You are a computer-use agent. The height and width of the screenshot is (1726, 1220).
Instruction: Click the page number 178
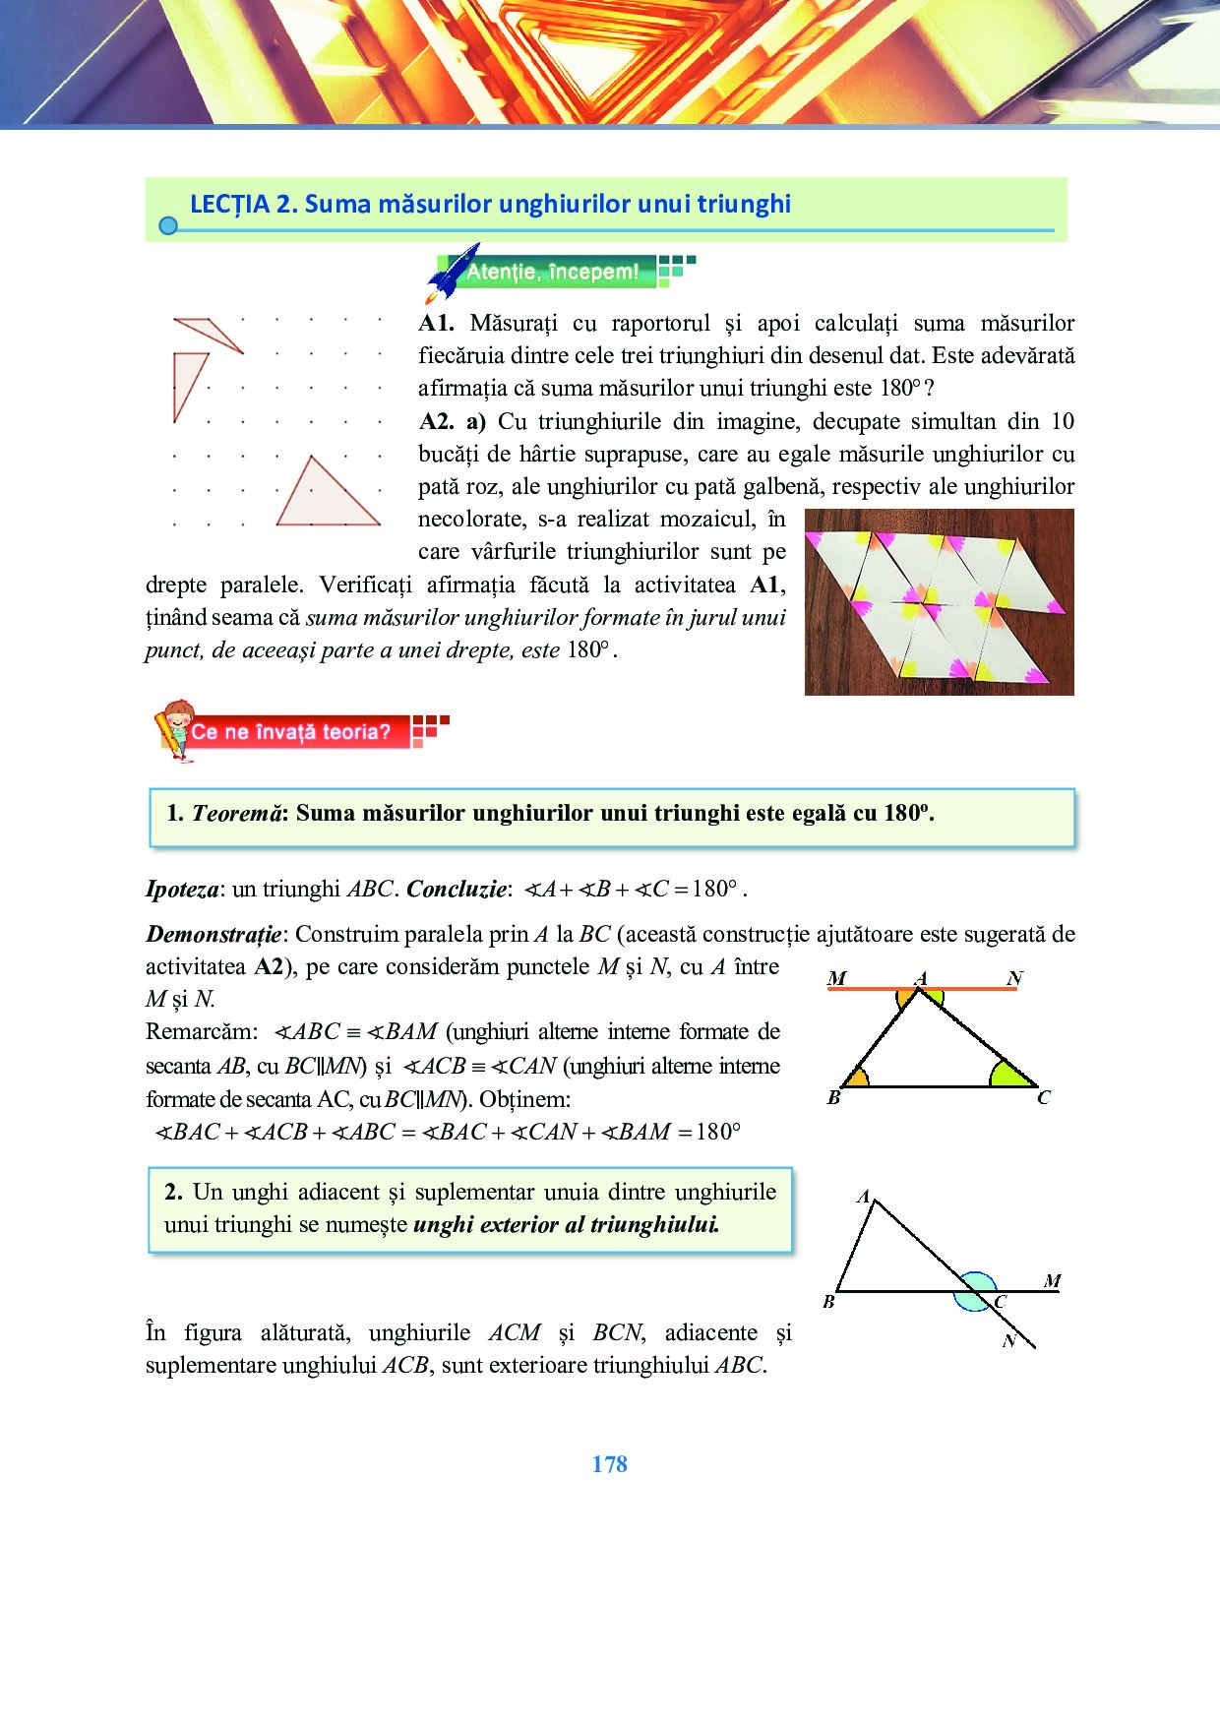[x=609, y=1464]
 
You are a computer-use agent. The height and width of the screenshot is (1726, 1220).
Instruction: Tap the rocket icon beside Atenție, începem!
[x=450, y=273]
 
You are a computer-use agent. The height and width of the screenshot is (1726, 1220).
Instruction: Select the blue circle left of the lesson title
[x=168, y=226]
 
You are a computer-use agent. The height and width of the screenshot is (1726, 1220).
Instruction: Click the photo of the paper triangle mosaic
[x=939, y=602]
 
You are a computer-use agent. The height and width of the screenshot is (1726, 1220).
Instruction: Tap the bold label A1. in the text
[x=436, y=324]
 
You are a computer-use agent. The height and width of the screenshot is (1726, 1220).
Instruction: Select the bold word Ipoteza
[x=182, y=890]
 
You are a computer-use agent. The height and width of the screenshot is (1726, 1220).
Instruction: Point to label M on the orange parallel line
[x=836, y=978]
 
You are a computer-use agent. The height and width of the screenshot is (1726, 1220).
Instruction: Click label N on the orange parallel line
[x=1015, y=978]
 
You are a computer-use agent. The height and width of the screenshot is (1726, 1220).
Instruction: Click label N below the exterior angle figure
[x=1008, y=1341]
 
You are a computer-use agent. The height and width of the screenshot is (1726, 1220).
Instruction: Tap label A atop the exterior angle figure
[x=863, y=1198]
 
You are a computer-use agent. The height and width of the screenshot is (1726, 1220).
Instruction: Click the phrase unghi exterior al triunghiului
[x=566, y=1225]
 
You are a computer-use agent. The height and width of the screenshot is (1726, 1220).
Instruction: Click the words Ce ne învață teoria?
[x=290, y=732]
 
